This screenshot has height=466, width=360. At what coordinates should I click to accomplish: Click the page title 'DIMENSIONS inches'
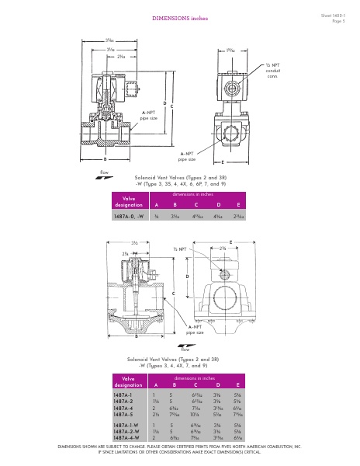179,17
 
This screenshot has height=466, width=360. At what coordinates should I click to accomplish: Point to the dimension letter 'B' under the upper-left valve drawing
105,158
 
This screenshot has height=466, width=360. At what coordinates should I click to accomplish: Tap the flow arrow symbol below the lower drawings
184,348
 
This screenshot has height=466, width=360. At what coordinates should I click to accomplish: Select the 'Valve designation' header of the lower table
129,381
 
